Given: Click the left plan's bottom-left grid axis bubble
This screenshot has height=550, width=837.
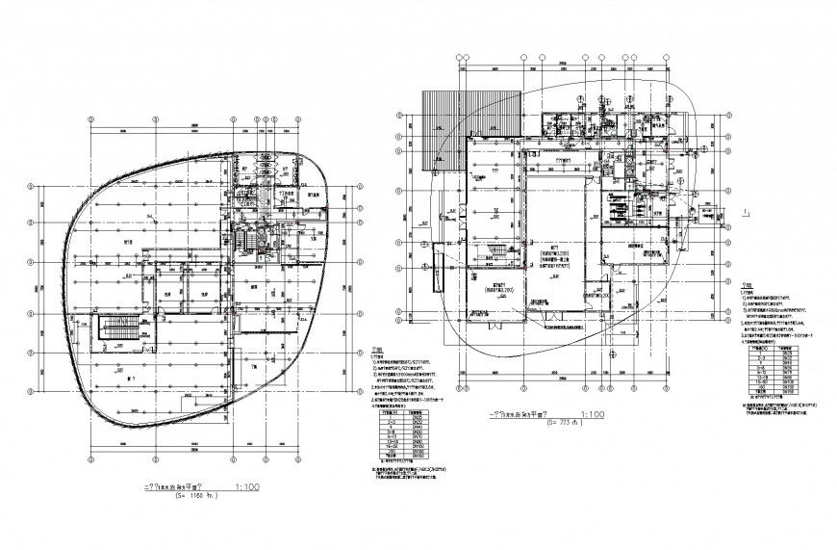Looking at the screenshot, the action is tap(92, 454).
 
